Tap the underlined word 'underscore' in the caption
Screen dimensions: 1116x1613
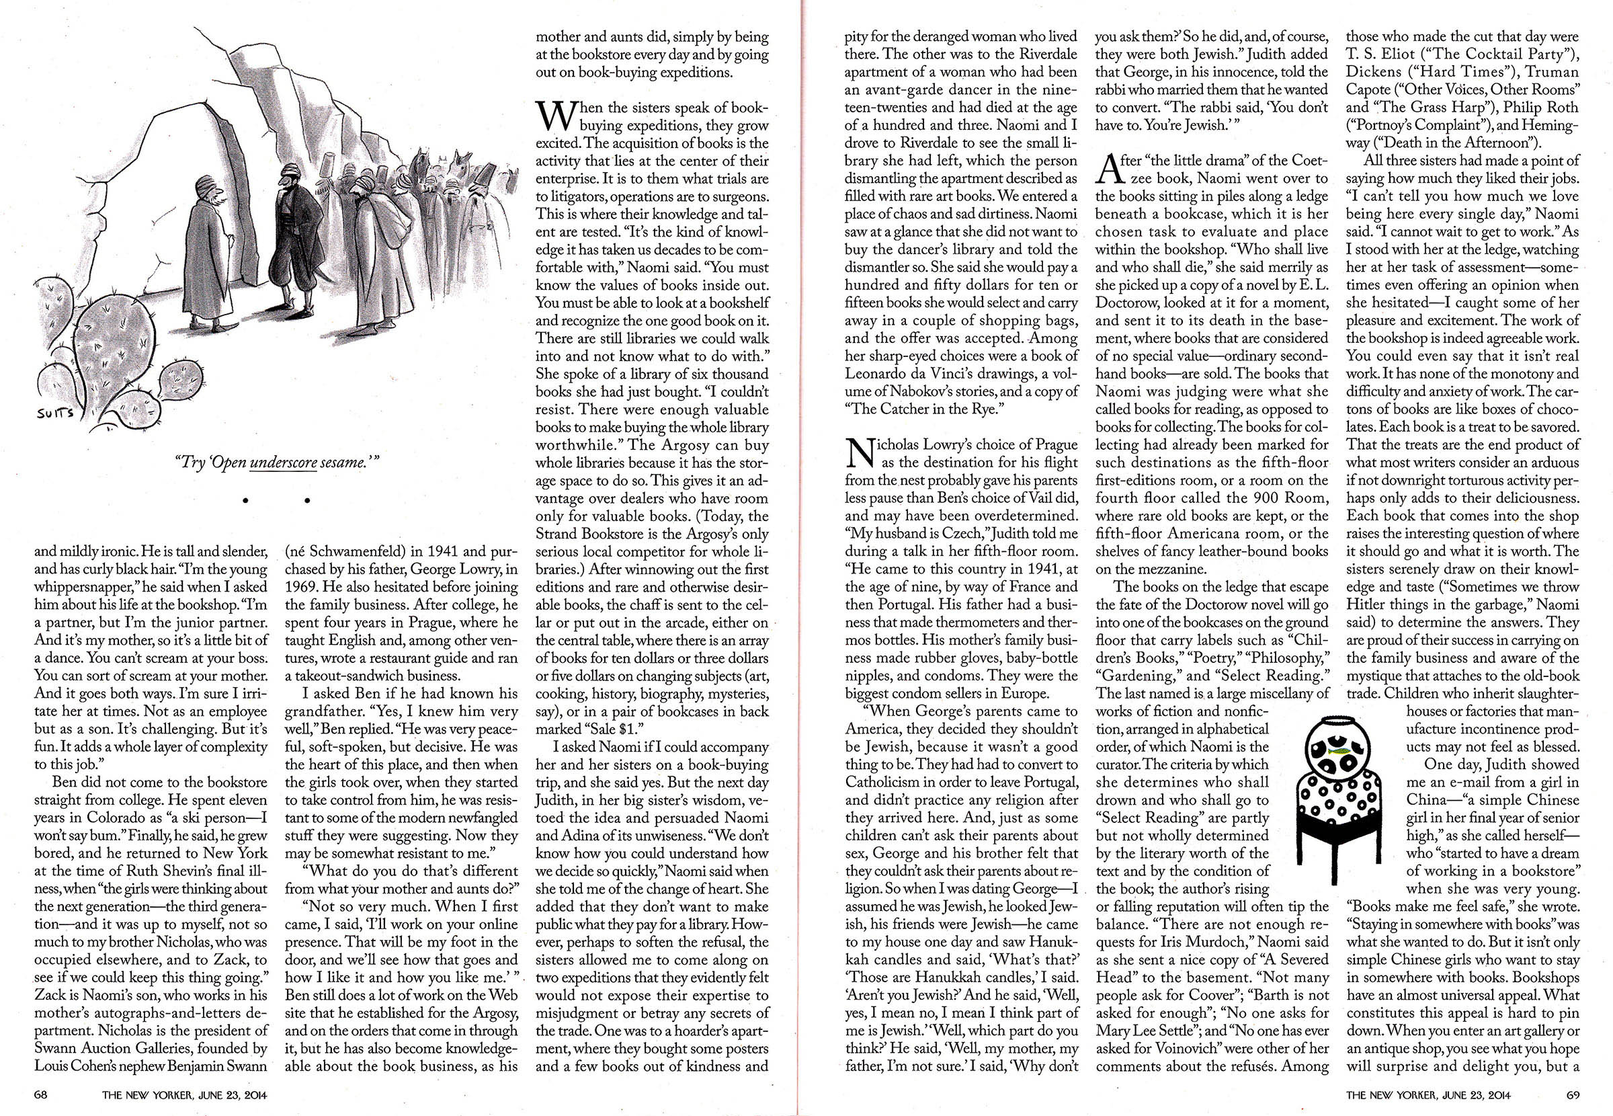pyautogui.click(x=283, y=463)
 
